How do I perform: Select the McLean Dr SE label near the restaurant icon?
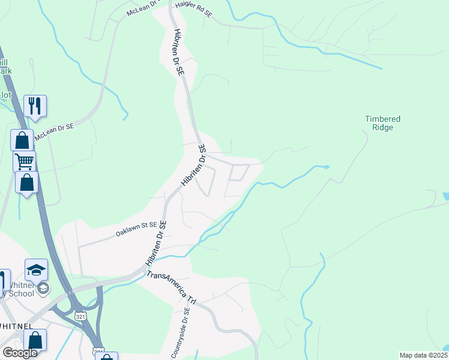click(54, 131)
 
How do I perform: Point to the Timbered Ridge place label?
click(382, 123)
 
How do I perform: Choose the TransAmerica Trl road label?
click(172, 288)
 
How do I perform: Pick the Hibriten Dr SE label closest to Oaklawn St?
click(155, 244)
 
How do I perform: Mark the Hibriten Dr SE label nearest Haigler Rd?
click(178, 52)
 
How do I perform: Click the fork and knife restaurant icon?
click(35, 106)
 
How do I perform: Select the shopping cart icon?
click(25, 161)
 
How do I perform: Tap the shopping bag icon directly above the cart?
click(22, 140)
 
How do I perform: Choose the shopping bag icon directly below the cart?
click(27, 182)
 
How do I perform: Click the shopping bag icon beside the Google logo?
click(35, 340)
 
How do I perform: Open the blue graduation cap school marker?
click(36, 269)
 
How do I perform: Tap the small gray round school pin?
click(43, 289)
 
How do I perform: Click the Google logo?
click(19, 353)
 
